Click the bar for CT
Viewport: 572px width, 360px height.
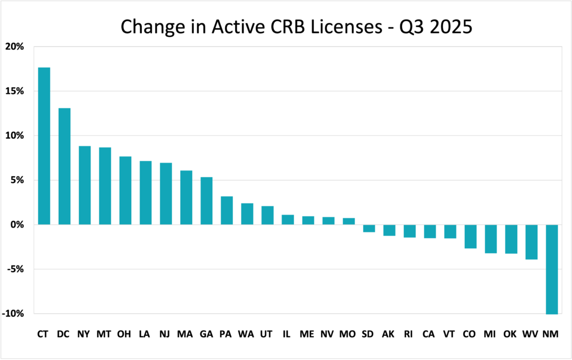44,146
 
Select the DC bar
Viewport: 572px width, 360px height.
64,166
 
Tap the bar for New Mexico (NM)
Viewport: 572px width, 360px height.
552,269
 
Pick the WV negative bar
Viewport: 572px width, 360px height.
532,241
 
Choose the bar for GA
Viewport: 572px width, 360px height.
206,201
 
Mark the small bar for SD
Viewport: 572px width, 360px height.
369,228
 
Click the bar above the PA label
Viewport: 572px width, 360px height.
226,210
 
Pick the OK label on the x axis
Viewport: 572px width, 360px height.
511,334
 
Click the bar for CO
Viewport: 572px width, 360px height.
471,236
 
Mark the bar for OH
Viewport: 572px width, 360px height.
125,191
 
